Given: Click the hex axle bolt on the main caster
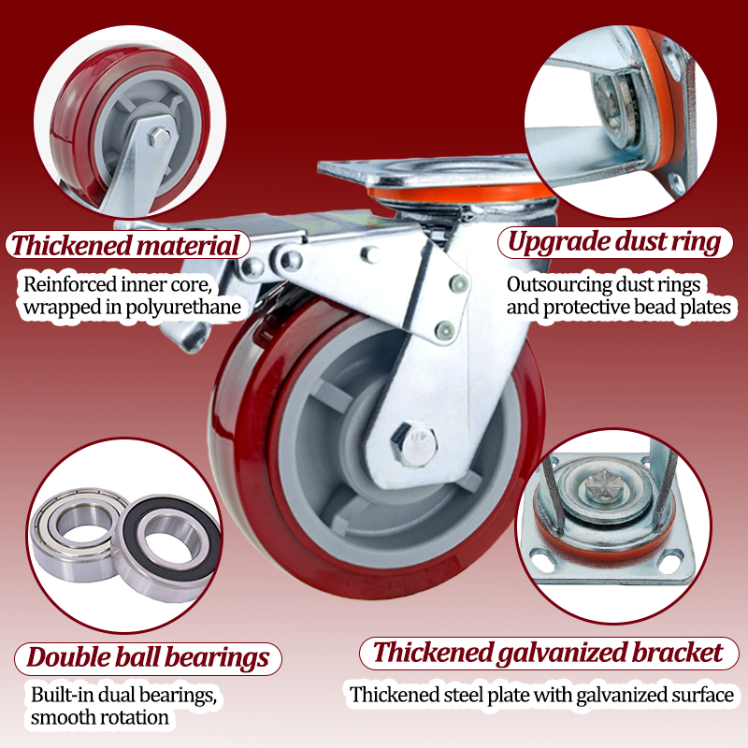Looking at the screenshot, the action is point(414,445).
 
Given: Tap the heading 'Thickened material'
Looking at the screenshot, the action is point(125,245).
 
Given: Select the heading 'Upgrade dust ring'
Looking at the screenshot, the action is point(614,242).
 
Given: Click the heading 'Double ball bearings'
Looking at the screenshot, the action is point(148,657).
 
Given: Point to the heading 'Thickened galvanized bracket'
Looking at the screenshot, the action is point(548,653).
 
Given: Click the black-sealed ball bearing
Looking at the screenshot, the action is point(167,549).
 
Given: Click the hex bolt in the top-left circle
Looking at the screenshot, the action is point(159,137).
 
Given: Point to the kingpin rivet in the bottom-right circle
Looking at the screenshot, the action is point(603,485).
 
